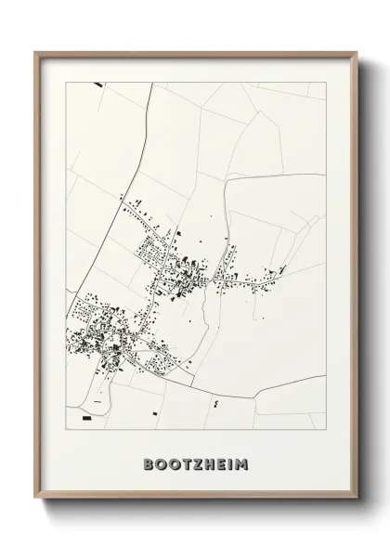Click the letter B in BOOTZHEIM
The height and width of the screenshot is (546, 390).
point(149,461)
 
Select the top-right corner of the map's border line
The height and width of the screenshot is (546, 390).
point(326,83)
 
